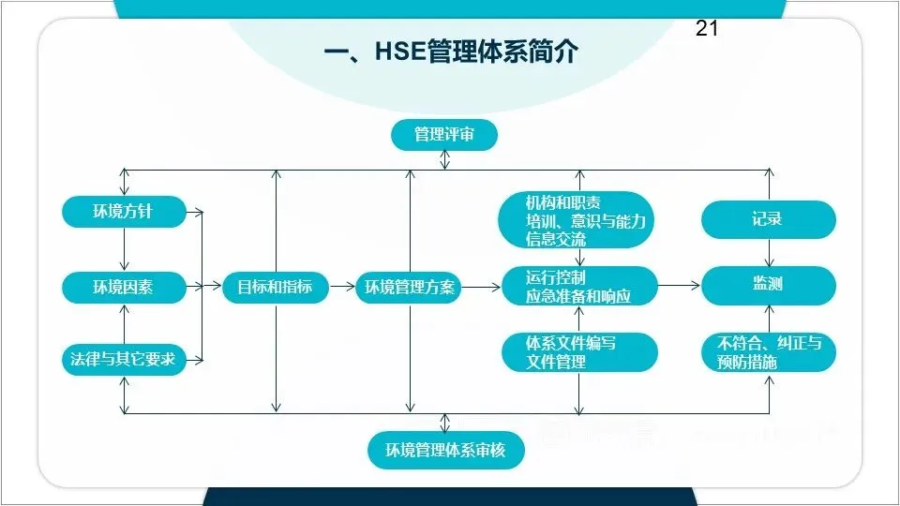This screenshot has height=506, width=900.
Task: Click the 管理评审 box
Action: point(443,135)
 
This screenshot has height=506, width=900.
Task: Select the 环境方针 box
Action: point(124,213)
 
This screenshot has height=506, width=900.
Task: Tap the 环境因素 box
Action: point(124,287)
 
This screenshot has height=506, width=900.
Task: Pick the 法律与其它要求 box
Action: point(124,359)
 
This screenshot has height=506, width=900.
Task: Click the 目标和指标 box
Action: point(275,287)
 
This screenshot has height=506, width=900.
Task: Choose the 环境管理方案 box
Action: point(410,287)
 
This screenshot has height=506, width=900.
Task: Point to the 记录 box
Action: point(768,219)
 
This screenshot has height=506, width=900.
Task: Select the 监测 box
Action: point(768,285)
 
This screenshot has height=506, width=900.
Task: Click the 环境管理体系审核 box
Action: point(445,451)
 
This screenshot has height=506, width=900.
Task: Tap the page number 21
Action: point(707,29)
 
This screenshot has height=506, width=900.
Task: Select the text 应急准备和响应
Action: point(578,296)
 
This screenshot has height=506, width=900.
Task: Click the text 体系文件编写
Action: point(571,344)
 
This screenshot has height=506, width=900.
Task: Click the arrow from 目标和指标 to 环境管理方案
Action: point(342,287)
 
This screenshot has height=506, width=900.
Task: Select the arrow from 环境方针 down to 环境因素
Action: point(124,249)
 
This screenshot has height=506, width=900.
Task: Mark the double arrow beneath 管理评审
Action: point(444,160)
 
